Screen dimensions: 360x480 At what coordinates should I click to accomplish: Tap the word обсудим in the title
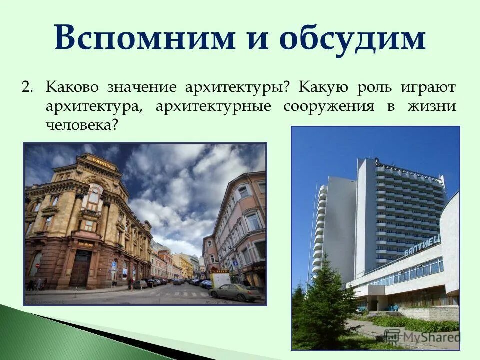point(352,38)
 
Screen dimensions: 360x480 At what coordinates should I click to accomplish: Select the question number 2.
point(27,87)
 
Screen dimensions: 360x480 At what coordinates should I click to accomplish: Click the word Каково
point(72,87)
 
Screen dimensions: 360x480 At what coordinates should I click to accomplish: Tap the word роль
point(375,88)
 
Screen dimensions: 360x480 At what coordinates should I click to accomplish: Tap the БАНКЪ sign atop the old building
point(103,161)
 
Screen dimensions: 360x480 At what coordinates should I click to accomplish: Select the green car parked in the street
point(234,292)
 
